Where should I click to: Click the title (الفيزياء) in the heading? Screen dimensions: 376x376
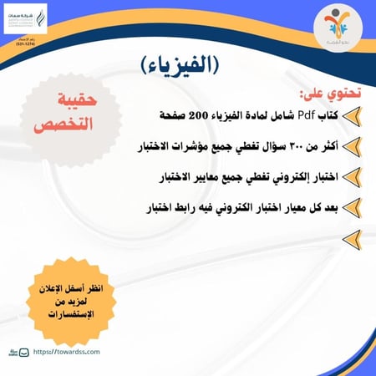point(187,64)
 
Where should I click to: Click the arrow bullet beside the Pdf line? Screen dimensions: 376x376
point(355,115)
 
